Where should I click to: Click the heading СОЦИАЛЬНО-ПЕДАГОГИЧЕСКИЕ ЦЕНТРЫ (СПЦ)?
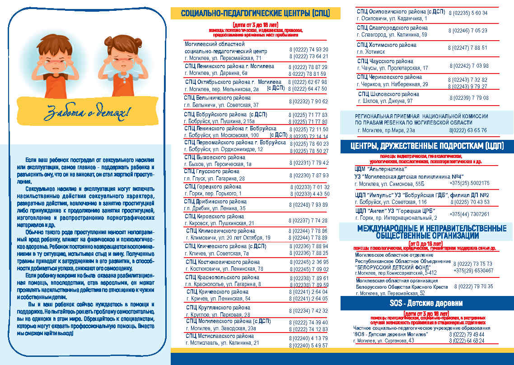click(x=255, y=13)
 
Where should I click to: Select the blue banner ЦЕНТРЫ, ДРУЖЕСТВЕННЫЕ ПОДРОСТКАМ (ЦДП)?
click(x=427, y=146)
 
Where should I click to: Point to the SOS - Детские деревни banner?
click(x=426, y=303)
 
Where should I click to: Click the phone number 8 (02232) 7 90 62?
click(x=308, y=102)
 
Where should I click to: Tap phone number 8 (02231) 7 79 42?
click(x=308, y=163)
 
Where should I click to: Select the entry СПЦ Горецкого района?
click(x=213, y=187)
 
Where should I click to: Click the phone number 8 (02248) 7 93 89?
click(x=308, y=205)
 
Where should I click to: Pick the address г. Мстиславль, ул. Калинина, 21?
click(x=222, y=343)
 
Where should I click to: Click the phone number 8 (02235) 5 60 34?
click(x=467, y=13)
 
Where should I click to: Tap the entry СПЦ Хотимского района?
click(x=386, y=45)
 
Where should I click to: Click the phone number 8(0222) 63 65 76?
click(x=468, y=130)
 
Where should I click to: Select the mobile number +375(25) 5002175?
click(x=469, y=183)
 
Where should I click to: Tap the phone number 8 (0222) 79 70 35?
click(x=474, y=286)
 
